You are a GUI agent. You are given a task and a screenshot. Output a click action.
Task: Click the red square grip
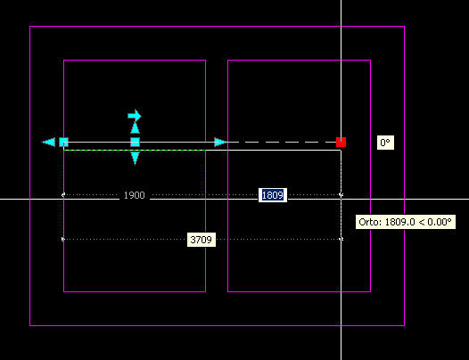pyautogui.click(x=341, y=143)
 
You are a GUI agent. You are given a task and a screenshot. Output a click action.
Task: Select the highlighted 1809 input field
pyautogui.click(x=273, y=195)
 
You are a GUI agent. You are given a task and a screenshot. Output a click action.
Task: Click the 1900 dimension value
pyautogui.click(x=135, y=195)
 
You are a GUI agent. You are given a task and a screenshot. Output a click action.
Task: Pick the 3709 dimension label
pyautogui.click(x=202, y=240)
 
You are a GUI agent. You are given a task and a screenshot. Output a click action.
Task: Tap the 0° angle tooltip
pyautogui.click(x=385, y=143)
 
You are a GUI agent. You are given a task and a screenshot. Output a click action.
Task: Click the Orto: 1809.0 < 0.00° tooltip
pyautogui.click(x=406, y=222)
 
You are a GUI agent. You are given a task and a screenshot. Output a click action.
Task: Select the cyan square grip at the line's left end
pyautogui.click(x=63, y=143)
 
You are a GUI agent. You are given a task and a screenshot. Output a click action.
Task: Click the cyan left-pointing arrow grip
pyautogui.click(x=48, y=143)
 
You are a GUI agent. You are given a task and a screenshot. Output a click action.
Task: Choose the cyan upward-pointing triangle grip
pyautogui.click(x=136, y=127)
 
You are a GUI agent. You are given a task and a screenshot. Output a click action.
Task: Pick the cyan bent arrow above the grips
pyautogui.click(x=135, y=116)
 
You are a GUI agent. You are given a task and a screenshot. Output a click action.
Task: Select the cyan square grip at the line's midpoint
pyautogui.click(x=136, y=143)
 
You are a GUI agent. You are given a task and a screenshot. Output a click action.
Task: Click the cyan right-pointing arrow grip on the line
pyautogui.click(x=221, y=143)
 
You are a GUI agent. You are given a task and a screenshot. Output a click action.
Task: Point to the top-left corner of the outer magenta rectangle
pyautogui.click(x=30, y=27)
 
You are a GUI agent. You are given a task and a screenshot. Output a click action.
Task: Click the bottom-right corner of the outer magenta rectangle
pyautogui.click(x=405, y=325)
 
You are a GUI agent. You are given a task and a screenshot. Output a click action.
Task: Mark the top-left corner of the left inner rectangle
pyautogui.click(x=63, y=61)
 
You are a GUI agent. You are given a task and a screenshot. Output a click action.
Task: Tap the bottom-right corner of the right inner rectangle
pyautogui.click(x=371, y=291)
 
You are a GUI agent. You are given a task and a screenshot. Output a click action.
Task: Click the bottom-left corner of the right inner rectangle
pyautogui.click(x=228, y=291)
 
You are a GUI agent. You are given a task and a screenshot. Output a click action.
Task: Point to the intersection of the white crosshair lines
pyautogui.click(x=341, y=199)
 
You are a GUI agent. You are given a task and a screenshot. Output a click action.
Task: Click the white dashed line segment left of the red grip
pyautogui.click(x=282, y=143)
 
